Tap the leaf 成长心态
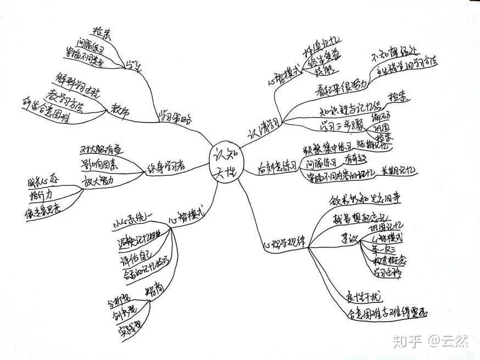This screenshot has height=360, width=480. (42, 181)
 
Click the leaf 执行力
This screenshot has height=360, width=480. (42, 195)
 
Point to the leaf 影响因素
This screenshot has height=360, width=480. (103, 164)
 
